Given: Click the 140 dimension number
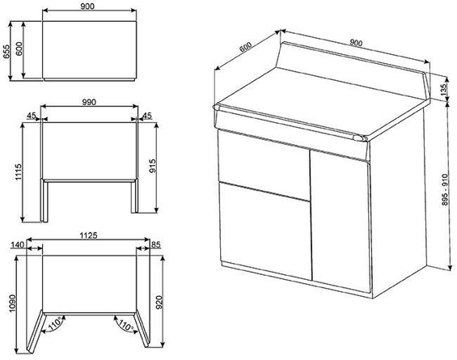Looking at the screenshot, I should (x=16, y=244).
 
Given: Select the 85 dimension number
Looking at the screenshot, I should (x=156, y=244).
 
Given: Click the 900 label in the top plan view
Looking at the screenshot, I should (x=89, y=6).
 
